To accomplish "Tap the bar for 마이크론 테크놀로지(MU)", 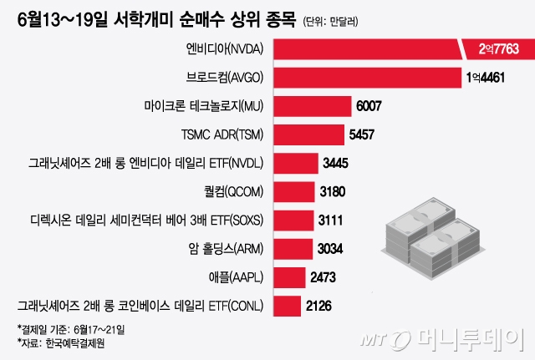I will (x=310, y=106).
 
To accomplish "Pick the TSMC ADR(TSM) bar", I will (x=307, y=134).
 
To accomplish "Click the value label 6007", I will (x=374, y=107).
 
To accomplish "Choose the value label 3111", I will (x=338, y=221).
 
